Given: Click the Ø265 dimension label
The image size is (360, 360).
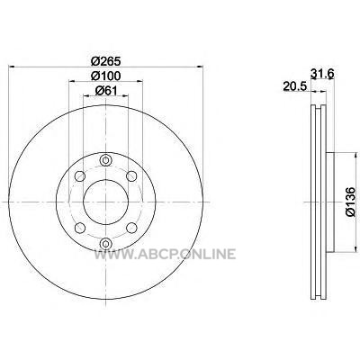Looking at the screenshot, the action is pos(105,61).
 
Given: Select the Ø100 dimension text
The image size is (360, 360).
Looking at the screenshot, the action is pos(105,76).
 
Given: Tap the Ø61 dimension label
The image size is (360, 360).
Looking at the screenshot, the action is pos(105,90).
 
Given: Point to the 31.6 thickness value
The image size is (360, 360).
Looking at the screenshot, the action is pos(322,74).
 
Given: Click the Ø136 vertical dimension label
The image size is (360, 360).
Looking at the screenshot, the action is pos(350,202).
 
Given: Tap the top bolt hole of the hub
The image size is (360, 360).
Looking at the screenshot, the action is pos(105,160).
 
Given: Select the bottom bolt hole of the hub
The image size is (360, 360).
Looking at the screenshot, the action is pos(105,243).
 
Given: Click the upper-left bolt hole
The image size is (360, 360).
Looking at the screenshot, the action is pos(79,175).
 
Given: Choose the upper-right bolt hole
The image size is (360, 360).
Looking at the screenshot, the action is pos(131,175).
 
